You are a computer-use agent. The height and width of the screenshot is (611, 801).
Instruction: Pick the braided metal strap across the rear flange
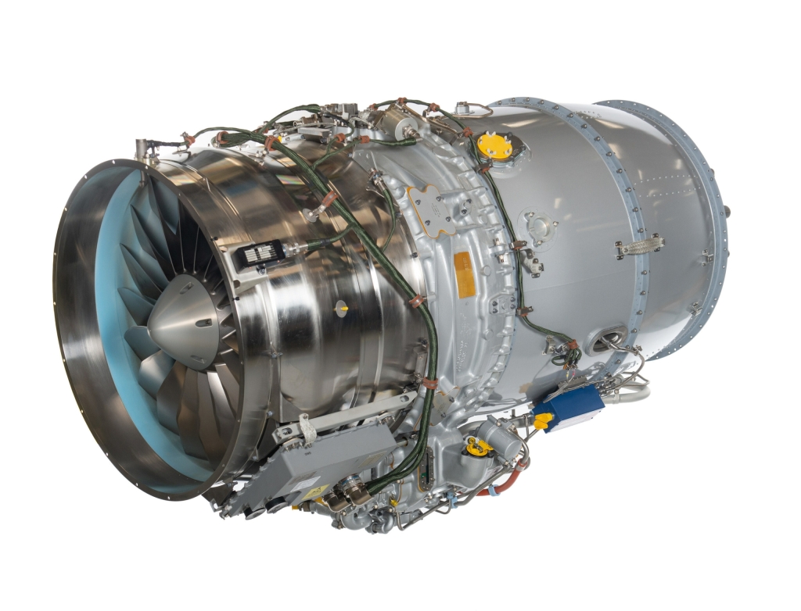[641, 245]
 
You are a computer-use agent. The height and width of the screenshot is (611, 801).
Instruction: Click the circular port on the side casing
[540, 227]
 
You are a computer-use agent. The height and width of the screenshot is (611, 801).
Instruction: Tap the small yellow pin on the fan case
[343, 309]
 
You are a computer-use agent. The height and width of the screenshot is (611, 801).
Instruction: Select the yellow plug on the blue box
[543, 421]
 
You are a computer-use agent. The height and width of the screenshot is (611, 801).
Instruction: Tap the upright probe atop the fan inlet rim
[142, 148]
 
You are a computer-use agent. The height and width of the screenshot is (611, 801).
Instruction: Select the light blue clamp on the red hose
[494, 492]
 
